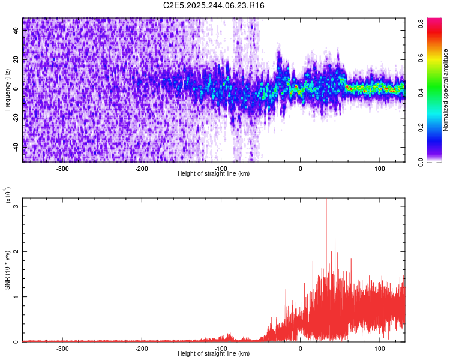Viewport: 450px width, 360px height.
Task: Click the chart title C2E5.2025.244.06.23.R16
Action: pyautogui.click(x=214, y=5)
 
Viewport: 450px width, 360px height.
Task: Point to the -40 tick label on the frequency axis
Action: pyautogui.click(x=16, y=147)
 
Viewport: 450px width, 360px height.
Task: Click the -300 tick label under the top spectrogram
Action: pyautogui.click(x=63, y=168)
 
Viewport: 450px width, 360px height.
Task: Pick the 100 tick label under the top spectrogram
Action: pyautogui.click(x=379, y=168)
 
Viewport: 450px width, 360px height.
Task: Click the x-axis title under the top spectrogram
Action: pyautogui.click(x=214, y=174)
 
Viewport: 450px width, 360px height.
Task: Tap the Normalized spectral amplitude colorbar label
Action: pyautogui.click(x=446, y=90)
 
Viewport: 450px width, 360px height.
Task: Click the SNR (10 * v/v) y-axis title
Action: pyautogui.click(x=7, y=270)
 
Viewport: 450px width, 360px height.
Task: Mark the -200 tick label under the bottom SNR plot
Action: pyautogui.click(x=142, y=348)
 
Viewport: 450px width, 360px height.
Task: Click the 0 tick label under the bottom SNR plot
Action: pyautogui.click(x=301, y=348)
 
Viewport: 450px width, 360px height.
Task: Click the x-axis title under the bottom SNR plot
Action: pyautogui.click(x=214, y=354)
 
